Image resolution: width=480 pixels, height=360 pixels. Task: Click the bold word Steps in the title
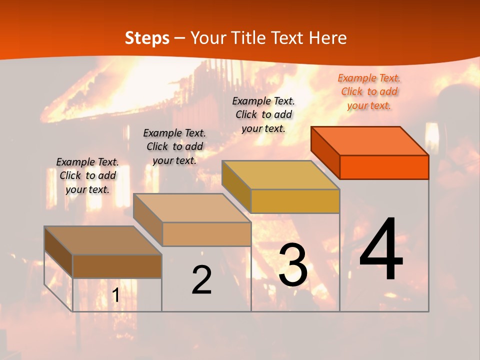click(147, 38)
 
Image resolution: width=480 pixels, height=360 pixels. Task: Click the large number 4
click(381, 250)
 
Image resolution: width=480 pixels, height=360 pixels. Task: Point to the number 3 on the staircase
click(293, 265)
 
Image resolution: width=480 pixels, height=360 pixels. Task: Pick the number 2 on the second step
click(201, 280)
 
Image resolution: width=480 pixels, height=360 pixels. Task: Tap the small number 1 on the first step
click(115, 295)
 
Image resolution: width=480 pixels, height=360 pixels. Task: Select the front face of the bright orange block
click(384, 167)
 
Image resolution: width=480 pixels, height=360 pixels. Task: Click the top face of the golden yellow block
click(281, 174)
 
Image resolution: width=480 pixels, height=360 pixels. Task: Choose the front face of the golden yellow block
click(295, 201)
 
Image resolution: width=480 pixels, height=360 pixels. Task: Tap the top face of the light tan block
click(192, 207)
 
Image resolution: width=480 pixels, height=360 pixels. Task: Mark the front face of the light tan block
click(206, 234)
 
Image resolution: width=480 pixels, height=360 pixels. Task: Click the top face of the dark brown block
click(103, 240)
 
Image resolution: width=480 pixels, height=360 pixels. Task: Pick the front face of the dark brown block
click(117, 266)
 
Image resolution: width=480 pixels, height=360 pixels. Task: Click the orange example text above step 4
click(369, 91)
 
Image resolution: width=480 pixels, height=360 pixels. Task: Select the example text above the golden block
click(263, 114)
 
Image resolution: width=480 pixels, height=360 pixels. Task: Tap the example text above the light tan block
click(174, 146)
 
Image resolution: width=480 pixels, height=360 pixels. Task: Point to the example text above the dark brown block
click(87, 175)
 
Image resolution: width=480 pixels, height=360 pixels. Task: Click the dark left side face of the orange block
click(325, 152)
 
